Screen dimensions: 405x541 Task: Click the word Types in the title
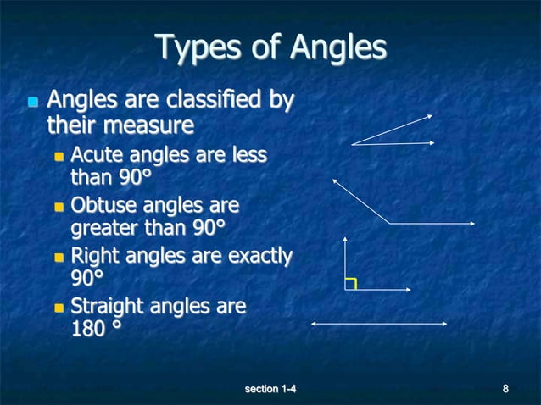(187, 47)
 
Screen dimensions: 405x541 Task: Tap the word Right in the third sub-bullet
(94, 254)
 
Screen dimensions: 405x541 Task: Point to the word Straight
(107, 304)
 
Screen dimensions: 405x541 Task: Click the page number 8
(505, 389)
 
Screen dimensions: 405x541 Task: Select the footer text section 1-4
(270, 389)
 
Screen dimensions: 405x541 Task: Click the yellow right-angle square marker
(351, 284)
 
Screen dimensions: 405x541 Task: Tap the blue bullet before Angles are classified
(32, 103)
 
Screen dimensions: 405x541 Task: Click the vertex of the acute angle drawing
(352, 144)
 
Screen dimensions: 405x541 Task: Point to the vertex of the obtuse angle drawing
(389, 223)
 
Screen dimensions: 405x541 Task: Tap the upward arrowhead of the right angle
(346, 240)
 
